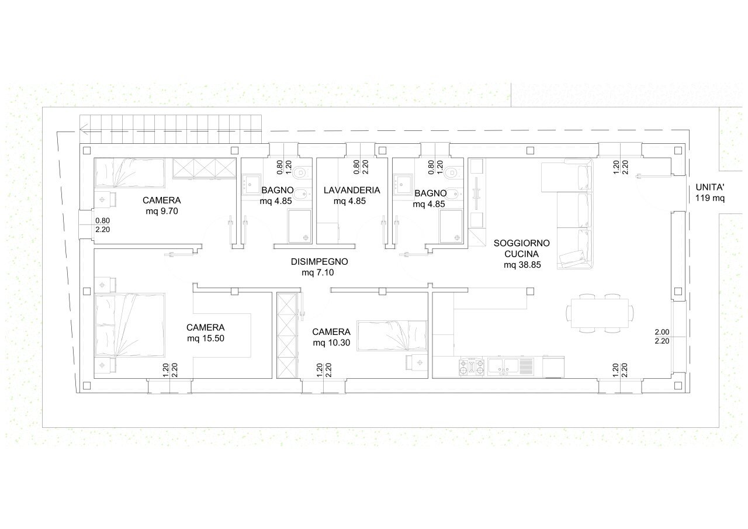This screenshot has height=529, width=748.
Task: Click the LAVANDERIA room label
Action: (x=352, y=190)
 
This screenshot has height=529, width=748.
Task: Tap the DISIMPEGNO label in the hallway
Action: (x=319, y=261)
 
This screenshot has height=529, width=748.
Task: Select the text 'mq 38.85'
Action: (x=522, y=265)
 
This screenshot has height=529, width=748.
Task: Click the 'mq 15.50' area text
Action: (x=205, y=338)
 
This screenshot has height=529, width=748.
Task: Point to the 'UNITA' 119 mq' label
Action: (x=710, y=192)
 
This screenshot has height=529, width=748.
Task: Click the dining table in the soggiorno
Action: (x=600, y=313)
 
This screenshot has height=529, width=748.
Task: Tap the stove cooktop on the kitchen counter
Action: (x=472, y=367)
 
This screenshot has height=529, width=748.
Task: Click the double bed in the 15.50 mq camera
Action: (x=130, y=325)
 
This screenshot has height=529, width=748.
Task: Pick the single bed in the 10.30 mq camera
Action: (x=392, y=336)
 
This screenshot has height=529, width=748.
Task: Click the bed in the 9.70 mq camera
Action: (x=130, y=173)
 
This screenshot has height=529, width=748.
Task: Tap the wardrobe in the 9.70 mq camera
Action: (x=205, y=168)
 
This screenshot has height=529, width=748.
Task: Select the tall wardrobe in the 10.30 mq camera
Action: (x=287, y=336)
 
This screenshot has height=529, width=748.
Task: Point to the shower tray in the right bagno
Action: (x=452, y=226)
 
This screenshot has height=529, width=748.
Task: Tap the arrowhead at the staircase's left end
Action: (x=84, y=129)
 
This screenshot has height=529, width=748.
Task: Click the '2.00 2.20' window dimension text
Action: (x=662, y=336)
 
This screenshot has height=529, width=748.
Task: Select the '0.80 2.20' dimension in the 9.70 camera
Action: (x=102, y=225)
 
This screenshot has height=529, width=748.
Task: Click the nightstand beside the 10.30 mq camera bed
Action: (x=417, y=362)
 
